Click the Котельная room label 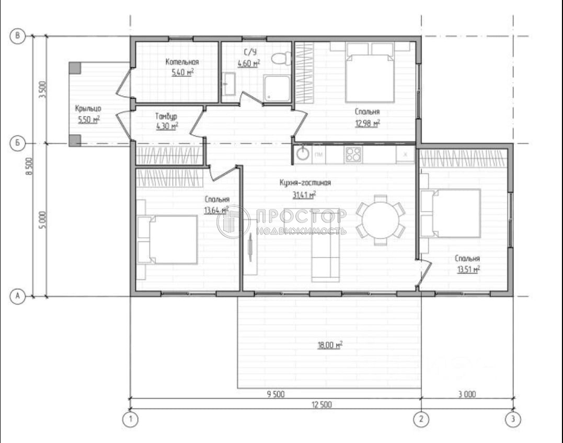point(182,62)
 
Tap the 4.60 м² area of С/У point(249,64)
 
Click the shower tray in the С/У point(276,88)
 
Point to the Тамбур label point(166,116)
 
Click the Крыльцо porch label point(87,109)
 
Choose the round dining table point(381,220)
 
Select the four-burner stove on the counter point(353,154)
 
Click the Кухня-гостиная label point(305,183)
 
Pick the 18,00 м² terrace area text point(329,345)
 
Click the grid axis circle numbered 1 point(130,419)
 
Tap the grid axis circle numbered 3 point(513,419)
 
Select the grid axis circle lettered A point(18,296)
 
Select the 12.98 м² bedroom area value point(367,123)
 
